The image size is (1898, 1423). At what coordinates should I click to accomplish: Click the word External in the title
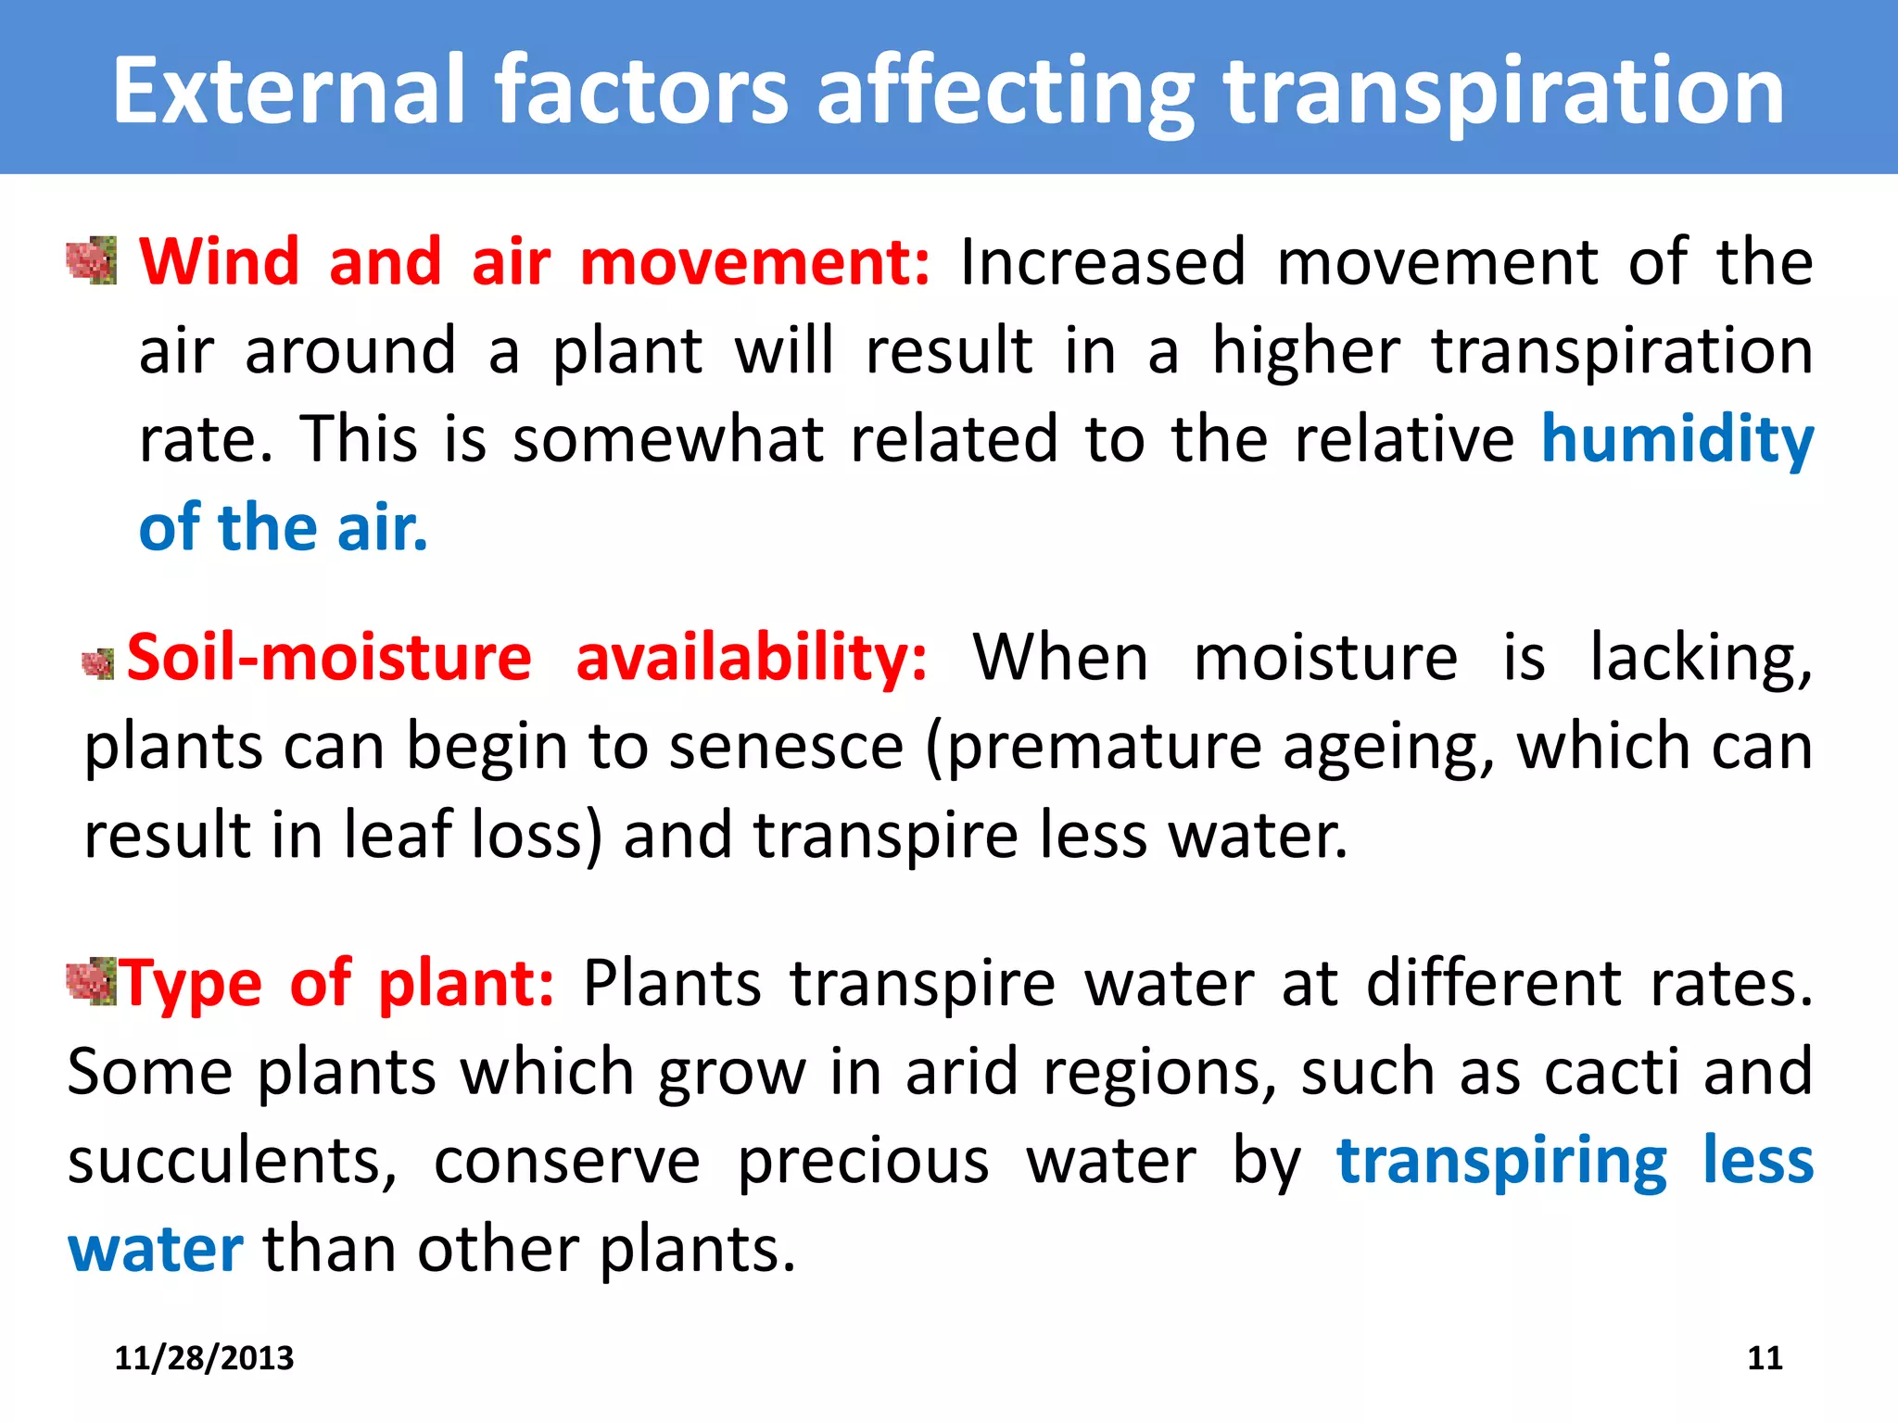point(288,90)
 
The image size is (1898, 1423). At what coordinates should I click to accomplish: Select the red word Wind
point(219,261)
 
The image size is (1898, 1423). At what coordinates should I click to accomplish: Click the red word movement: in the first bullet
point(754,262)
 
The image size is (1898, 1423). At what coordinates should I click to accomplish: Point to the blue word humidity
point(1677,439)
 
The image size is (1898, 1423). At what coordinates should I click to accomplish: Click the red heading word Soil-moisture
point(329,658)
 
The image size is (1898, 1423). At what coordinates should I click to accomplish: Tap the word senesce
point(786,747)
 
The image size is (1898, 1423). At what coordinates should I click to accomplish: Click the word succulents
point(233,1162)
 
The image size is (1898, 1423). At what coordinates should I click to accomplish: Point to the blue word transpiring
point(1501,1162)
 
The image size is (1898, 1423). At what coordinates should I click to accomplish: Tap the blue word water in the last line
point(156,1250)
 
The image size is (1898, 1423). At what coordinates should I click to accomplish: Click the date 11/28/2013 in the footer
point(204,1358)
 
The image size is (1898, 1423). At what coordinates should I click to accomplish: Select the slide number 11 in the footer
point(1765,1358)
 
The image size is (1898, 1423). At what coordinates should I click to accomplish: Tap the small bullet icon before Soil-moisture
point(98,663)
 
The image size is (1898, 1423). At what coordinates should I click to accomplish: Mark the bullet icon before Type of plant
point(91,982)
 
